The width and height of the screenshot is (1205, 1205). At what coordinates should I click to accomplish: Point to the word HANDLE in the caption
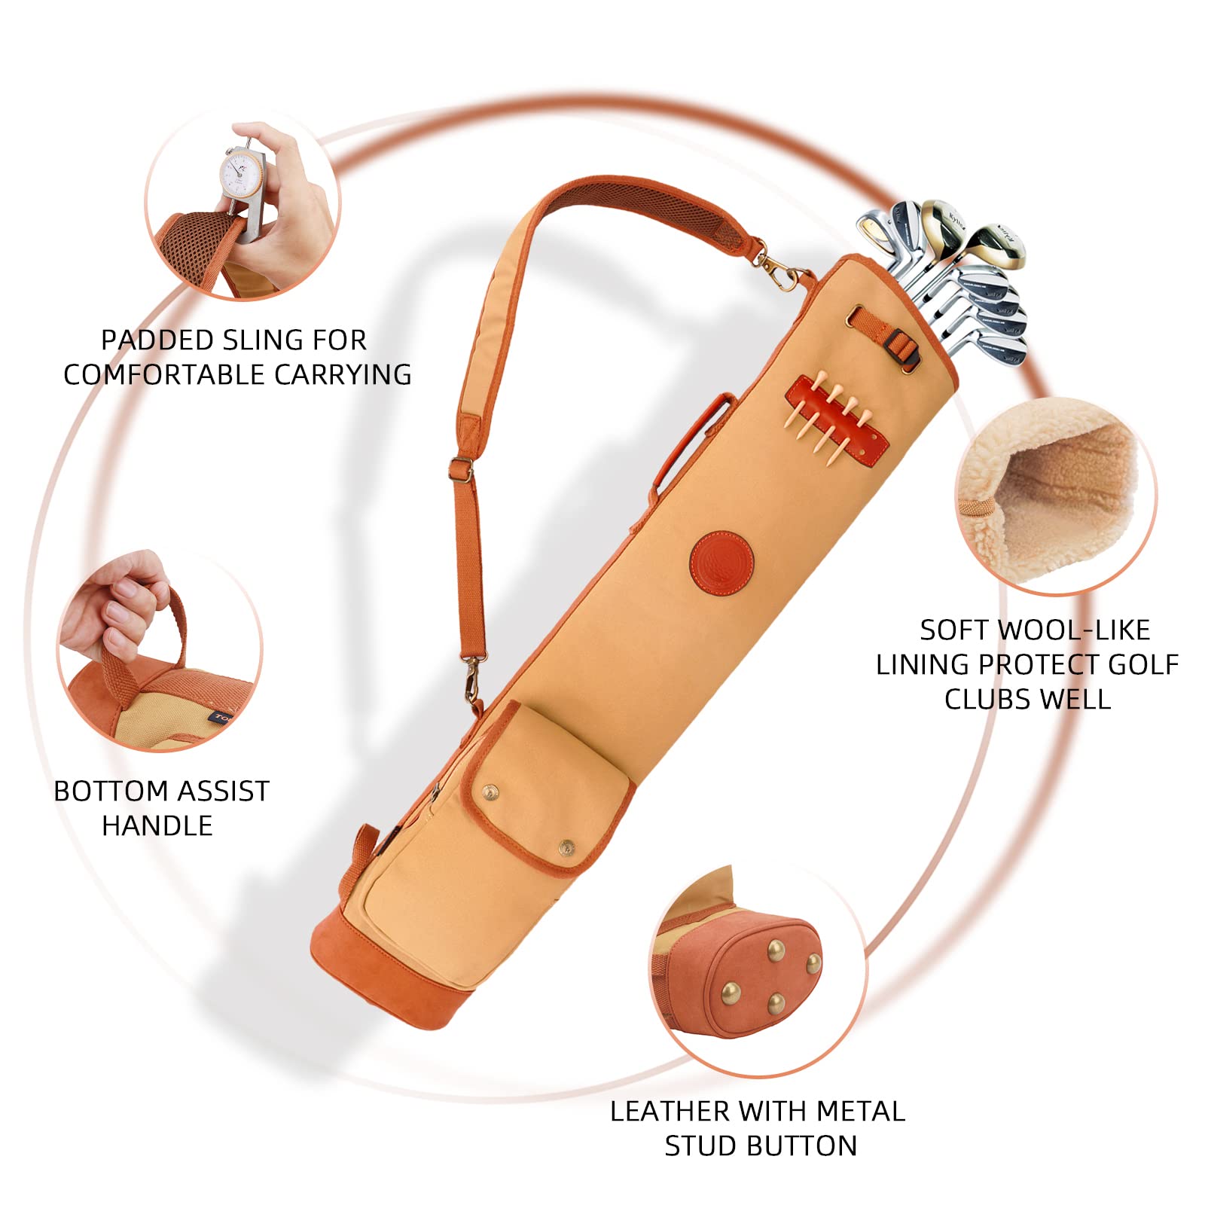point(157,825)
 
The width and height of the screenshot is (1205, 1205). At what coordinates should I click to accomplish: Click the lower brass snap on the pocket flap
point(566,849)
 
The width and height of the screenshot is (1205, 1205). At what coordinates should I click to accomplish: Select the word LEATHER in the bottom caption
point(671,1111)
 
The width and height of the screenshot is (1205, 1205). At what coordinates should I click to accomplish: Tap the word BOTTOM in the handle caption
point(110,791)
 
